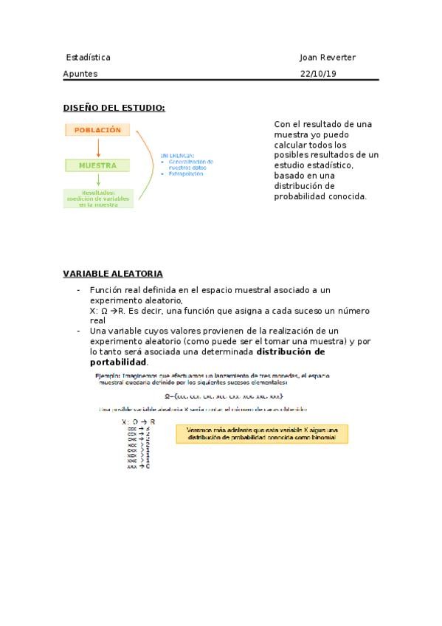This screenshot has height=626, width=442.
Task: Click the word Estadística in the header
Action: (x=88, y=57)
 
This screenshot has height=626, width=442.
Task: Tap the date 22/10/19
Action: (x=318, y=74)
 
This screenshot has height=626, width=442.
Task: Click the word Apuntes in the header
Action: (x=80, y=74)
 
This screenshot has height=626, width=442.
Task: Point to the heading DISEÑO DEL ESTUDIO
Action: (x=114, y=108)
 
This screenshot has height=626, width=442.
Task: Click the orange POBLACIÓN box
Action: (x=98, y=130)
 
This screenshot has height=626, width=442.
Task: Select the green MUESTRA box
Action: (x=98, y=166)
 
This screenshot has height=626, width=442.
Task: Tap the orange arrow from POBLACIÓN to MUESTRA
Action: (x=98, y=148)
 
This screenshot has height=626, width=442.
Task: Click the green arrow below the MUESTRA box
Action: (x=98, y=182)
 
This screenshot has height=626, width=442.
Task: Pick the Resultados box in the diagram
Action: (x=98, y=199)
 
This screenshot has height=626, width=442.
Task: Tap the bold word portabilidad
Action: (x=118, y=362)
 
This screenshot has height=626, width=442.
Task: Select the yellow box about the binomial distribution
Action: (x=262, y=433)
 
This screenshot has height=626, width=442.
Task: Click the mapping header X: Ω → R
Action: (x=138, y=422)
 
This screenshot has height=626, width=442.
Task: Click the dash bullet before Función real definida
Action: (x=78, y=291)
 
